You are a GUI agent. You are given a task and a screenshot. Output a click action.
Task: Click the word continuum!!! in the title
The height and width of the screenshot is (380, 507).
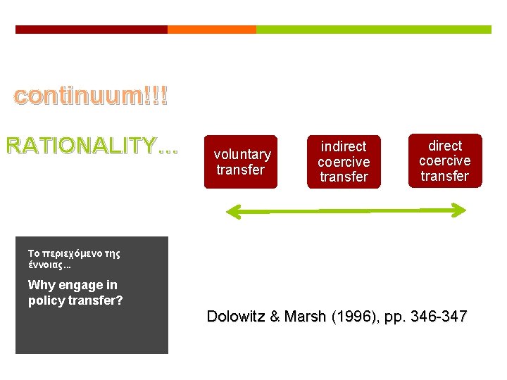tap(91, 96)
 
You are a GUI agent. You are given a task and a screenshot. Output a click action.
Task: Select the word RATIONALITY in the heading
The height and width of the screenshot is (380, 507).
tap(81, 146)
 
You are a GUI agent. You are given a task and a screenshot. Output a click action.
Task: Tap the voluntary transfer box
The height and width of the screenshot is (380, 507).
tap(242, 162)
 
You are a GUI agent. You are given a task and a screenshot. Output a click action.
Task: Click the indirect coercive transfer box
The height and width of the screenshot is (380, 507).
tap(344, 162)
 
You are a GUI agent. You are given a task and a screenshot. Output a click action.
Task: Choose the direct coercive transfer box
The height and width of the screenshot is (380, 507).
tap(445, 160)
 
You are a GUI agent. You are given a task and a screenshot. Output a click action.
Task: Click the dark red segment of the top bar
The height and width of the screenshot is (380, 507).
tap(92, 30)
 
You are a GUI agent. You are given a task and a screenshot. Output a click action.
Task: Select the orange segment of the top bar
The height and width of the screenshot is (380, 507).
tap(211, 30)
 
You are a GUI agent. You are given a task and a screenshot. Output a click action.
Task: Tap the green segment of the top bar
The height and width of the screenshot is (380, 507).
tap(373, 30)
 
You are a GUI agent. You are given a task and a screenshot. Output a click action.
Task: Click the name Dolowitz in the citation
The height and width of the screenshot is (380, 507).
tap(234, 317)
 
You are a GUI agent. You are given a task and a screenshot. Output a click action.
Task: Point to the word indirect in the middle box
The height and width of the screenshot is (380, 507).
tap(344, 146)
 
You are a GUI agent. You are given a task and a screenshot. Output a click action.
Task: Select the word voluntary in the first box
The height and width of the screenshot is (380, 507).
tap(242, 154)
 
